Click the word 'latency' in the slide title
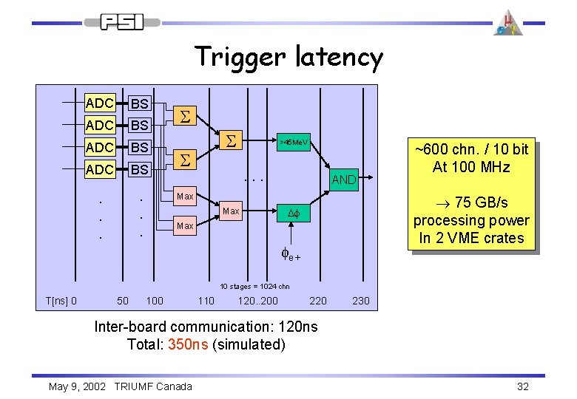(x=339, y=58)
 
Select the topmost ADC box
(x=100, y=103)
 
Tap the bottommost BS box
(x=139, y=169)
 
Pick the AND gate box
(x=343, y=180)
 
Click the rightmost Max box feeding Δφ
(x=231, y=211)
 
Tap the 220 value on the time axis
(x=318, y=301)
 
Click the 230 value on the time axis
(x=361, y=301)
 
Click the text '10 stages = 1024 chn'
(x=254, y=287)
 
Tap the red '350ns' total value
(x=188, y=344)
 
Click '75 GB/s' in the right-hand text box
(x=481, y=203)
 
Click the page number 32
(x=523, y=386)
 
